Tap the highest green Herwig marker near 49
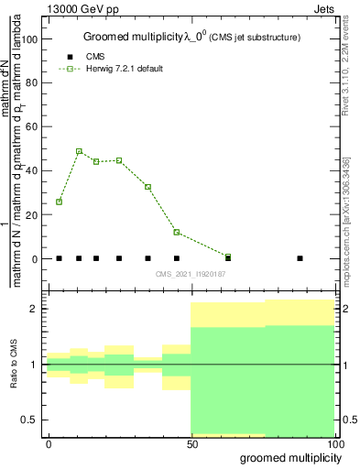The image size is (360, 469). [79, 151]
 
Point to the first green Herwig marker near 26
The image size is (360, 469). [59, 202]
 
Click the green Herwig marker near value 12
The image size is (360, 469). [176, 233]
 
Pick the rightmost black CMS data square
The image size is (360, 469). [300, 258]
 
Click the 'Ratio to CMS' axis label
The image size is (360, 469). [13, 364]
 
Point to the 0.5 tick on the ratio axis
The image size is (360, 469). [31, 420]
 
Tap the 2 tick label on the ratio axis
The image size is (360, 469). [36, 309]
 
